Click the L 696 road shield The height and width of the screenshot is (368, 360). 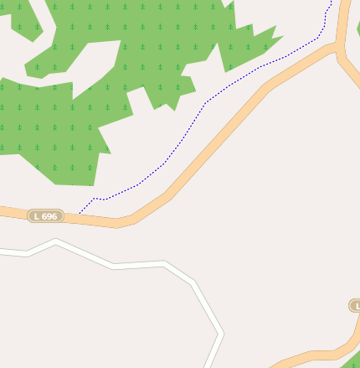tap(46, 216)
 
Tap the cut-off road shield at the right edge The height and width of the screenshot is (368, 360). tap(355, 306)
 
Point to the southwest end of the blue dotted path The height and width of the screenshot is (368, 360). tap(80, 211)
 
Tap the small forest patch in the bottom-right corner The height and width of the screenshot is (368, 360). tap(352, 360)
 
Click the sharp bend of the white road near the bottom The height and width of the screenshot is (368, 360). tap(222, 334)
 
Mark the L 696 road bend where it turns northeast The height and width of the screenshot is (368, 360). tap(126, 222)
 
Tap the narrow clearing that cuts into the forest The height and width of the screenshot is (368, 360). tap(84, 59)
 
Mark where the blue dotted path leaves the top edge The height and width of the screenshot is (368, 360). tap(332, 2)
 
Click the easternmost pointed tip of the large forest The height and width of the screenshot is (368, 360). tap(282, 37)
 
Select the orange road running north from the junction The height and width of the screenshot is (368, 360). tap(342, 21)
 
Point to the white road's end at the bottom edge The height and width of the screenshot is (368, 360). tap(207, 365)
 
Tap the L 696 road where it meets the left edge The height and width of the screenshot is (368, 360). tap(3, 211)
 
